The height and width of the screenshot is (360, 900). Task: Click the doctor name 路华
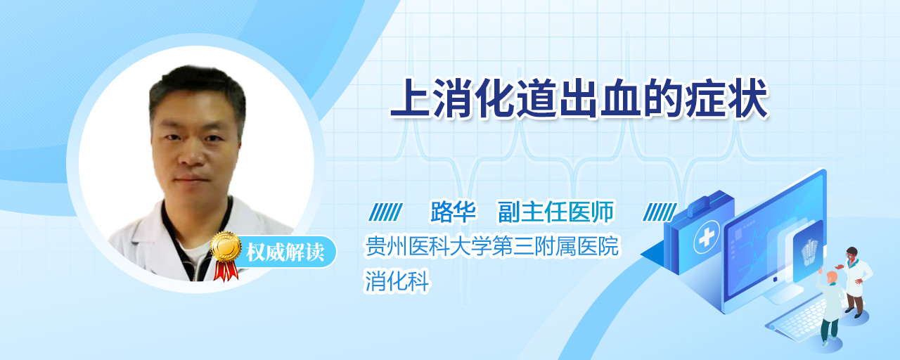[453, 212]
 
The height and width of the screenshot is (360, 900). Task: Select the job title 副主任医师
[556, 212]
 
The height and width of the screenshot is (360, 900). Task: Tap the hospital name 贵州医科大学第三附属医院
[491, 246]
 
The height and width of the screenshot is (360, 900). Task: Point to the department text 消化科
[397, 281]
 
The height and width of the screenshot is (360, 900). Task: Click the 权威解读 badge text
[285, 252]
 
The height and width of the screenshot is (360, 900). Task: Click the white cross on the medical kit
[707, 237]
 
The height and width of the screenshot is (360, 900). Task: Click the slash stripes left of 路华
[385, 212]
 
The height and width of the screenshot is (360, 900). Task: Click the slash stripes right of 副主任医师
[660, 212]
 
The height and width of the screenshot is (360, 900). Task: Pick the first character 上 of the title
[410, 99]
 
